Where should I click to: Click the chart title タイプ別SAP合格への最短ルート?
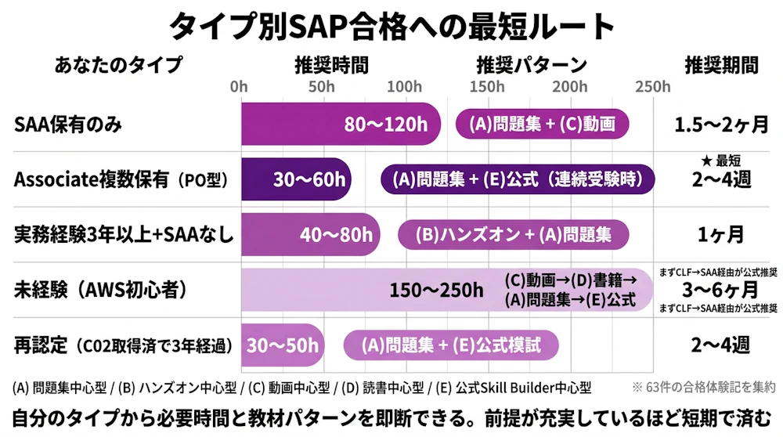click(391, 27)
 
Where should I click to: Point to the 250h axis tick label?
click(653, 86)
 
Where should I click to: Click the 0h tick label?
click(239, 86)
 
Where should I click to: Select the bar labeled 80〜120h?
click(340, 124)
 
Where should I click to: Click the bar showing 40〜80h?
click(310, 234)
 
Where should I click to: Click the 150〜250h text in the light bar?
click(437, 291)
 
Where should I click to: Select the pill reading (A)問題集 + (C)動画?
click(543, 124)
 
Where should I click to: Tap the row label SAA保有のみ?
click(68, 124)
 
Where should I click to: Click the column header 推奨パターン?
click(531, 64)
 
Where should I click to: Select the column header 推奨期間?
click(721, 64)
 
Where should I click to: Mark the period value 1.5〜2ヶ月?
click(721, 124)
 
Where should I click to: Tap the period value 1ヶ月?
click(721, 234)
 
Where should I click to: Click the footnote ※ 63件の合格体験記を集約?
click(703, 387)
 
